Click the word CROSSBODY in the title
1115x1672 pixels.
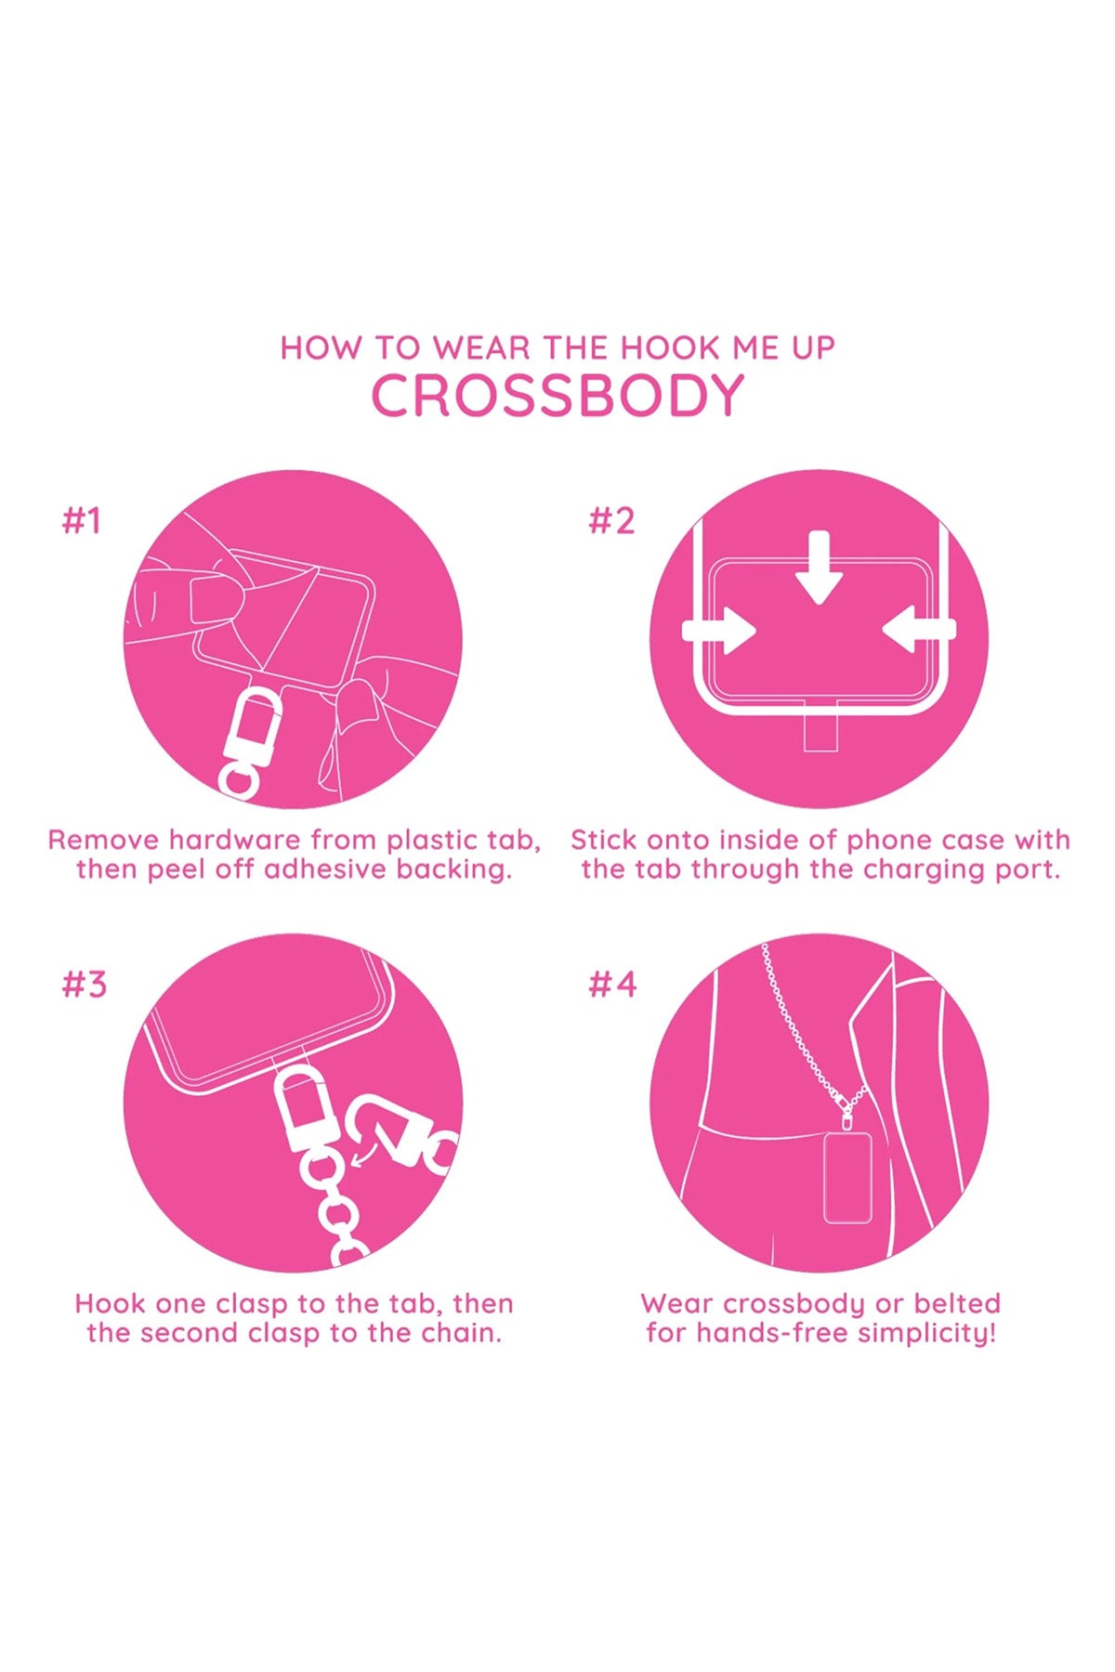(557, 396)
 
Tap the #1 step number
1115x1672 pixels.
(81, 521)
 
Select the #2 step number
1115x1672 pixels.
(611, 521)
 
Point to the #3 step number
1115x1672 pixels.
(84, 984)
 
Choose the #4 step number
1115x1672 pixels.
(612, 984)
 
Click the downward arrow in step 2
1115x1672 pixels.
(819, 567)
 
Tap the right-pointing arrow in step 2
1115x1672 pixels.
(719, 631)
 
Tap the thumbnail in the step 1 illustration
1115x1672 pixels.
(213, 599)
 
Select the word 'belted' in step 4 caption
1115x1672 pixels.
(956, 1303)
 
